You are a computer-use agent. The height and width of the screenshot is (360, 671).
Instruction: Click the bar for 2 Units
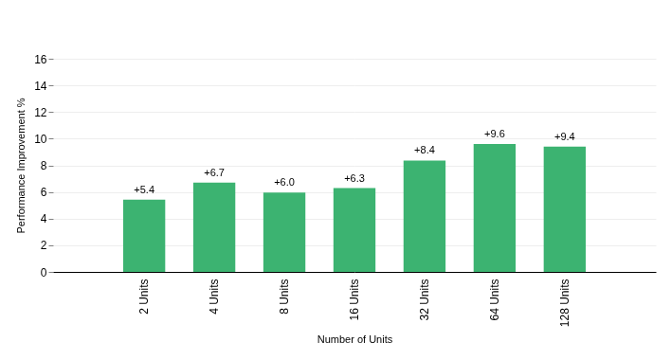tap(144, 236)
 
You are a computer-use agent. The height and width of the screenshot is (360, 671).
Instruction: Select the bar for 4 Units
tap(214, 227)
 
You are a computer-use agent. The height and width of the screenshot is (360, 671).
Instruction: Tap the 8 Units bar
tap(284, 232)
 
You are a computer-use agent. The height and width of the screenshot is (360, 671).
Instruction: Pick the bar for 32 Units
tap(425, 216)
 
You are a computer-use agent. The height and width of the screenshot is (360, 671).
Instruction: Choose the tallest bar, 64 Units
tap(495, 207)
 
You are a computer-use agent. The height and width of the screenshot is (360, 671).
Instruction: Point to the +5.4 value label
tap(144, 189)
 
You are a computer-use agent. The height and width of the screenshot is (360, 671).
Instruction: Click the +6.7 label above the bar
tap(214, 172)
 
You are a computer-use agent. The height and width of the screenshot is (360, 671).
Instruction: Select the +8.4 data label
tap(425, 150)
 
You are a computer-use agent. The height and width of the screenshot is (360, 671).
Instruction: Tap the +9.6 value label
tap(495, 135)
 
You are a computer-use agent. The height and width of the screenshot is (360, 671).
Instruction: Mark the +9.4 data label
tap(565, 136)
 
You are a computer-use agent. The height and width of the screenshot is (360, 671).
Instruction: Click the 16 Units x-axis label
tap(354, 299)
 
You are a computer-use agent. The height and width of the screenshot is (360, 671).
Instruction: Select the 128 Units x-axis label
tap(565, 302)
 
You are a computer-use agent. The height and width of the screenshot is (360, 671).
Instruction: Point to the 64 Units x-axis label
tap(495, 299)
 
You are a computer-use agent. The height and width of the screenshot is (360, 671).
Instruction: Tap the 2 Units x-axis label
tap(144, 297)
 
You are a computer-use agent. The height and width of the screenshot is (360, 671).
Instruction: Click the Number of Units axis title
tap(354, 339)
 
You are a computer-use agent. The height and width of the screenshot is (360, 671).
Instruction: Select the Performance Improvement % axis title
tap(22, 166)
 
